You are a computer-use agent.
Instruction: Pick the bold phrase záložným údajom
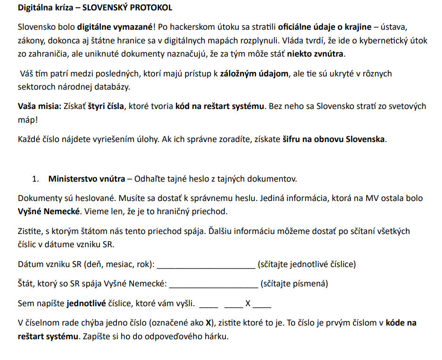click(x=250, y=74)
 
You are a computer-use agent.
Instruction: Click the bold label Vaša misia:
click(x=39, y=106)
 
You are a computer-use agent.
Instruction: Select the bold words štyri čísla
click(x=106, y=106)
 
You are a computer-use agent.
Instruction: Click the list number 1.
click(x=34, y=179)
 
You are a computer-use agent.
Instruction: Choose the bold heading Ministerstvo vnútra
click(x=87, y=179)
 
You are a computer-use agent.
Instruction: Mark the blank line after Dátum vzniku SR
click(x=206, y=265)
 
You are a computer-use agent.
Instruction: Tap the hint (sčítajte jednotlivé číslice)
click(x=307, y=264)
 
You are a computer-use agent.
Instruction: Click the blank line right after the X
click(x=262, y=306)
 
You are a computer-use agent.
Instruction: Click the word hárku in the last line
click(x=217, y=337)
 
